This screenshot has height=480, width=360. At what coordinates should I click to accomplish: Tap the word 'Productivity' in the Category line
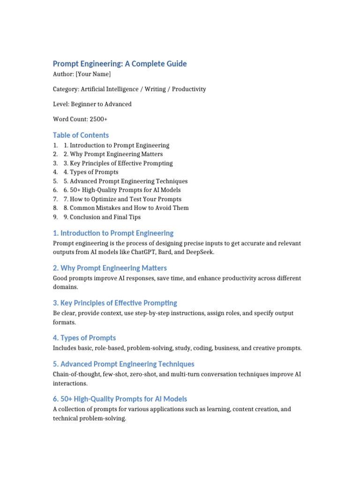189,89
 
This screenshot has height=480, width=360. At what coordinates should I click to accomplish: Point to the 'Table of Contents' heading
81,135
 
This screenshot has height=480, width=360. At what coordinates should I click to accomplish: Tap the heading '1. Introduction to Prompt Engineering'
113,233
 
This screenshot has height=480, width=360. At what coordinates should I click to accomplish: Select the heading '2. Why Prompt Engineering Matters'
110,268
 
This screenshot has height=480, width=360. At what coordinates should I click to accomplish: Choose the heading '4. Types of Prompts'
84,337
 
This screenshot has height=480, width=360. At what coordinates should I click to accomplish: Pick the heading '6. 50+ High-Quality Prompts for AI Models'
120,399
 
